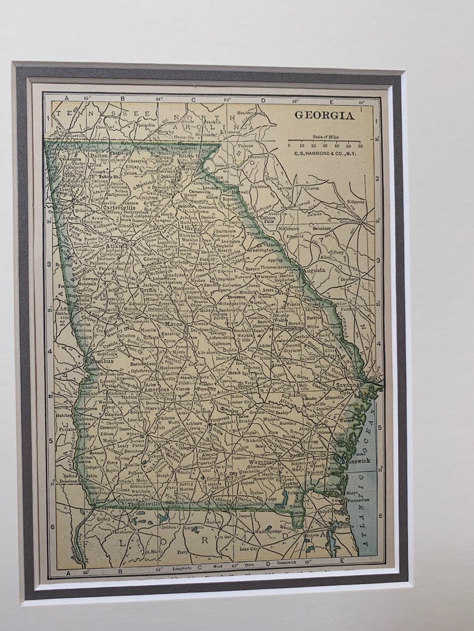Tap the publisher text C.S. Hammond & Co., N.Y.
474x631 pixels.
(325, 153)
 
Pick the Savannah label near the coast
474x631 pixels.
(347, 385)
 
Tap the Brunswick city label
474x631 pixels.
(356, 460)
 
